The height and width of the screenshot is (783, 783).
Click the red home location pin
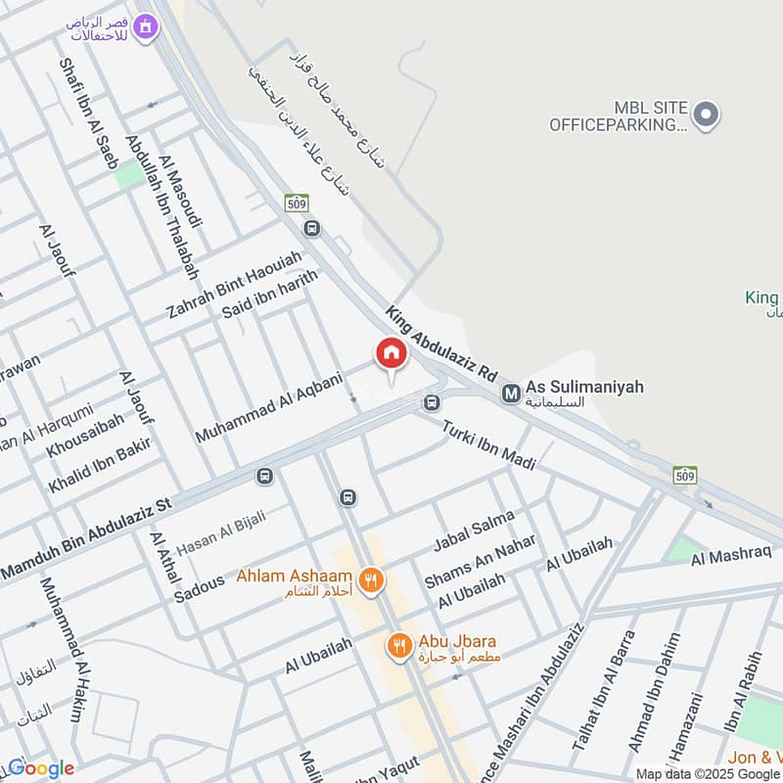coord(391,354)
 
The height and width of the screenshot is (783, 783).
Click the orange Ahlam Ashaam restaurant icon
coord(370,580)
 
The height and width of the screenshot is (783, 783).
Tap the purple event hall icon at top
coord(146,28)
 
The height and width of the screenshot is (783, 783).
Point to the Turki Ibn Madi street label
coord(488,445)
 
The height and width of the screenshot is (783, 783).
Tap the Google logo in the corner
coord(40,768)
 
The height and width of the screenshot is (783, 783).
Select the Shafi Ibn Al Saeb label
coord(87,114)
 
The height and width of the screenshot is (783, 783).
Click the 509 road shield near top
coord(298,204)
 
